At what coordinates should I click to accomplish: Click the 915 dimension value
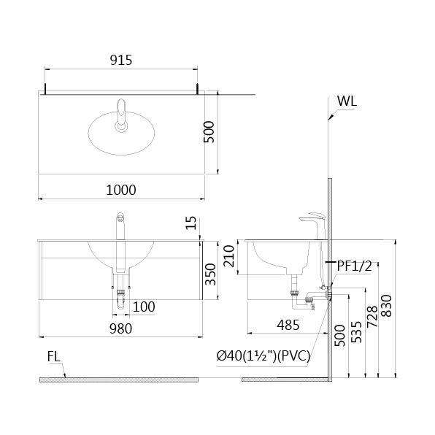pos(121,60)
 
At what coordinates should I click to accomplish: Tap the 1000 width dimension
pos(121,190)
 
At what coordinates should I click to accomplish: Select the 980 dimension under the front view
pos(120,328)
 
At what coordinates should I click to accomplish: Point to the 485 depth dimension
pos(288,325)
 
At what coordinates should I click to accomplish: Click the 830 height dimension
pos(386,306)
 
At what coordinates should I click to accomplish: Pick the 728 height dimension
pos(372,317)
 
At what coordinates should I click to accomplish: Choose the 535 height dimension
pos(357,332)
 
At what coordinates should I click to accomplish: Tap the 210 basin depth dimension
pos(229,256)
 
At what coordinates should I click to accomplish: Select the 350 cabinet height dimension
pos(210,274)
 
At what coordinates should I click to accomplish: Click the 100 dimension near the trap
pos(144,307)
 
